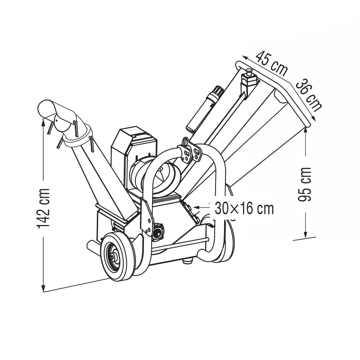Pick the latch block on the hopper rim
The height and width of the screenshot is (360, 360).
[x=248, y=81]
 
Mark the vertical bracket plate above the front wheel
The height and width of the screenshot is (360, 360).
[x=147, y=216]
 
